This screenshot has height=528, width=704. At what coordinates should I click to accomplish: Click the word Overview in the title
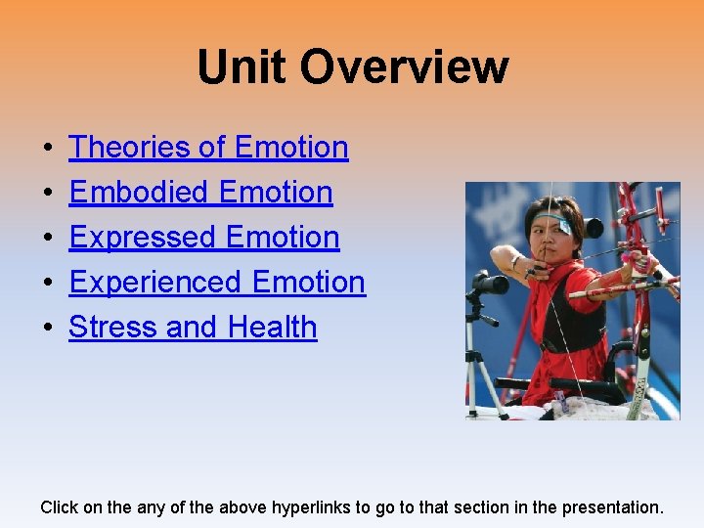[404, 67]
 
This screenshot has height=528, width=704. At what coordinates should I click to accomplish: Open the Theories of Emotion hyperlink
[208, 148]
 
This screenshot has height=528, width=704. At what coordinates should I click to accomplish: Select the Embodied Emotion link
[200, 193]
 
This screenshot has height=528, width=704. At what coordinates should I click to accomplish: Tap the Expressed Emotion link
[204, 238]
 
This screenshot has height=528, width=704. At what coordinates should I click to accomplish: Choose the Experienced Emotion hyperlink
[217, 283]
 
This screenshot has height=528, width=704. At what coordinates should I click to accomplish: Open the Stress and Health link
[193, 328]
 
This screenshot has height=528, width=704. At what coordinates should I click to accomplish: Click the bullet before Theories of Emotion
[48, 149]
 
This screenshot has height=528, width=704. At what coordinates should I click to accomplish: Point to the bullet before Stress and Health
[48, 329]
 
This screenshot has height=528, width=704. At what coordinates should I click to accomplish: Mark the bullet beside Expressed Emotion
[48, 239]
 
